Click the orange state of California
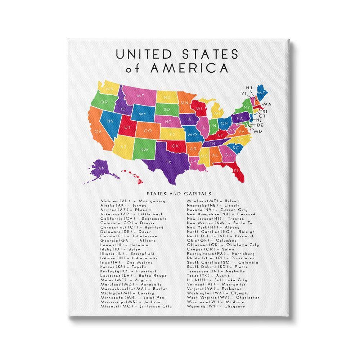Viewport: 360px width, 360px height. [98, 131]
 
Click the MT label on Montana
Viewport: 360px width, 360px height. [140, 96]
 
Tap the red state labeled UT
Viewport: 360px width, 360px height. [127, 127]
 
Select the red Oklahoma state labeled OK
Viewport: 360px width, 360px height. [175, 146]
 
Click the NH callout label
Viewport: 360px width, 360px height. [249, 88]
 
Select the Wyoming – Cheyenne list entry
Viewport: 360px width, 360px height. [216, 306]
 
